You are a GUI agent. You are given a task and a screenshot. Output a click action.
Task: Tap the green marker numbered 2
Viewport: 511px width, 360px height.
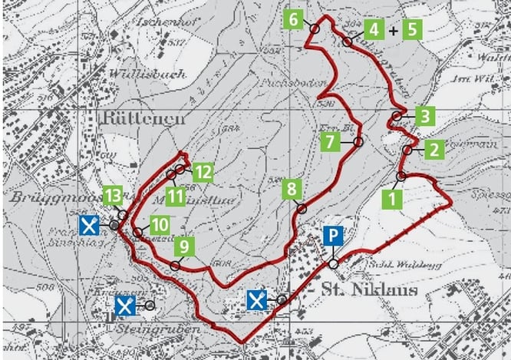coord(433,149)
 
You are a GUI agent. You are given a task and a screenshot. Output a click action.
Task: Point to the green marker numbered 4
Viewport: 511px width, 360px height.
coord(374,30)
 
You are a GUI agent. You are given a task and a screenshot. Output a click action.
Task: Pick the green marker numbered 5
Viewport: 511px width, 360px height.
coord(412,30)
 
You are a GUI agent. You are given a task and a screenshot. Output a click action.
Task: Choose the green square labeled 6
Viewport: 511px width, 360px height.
coord(293,18)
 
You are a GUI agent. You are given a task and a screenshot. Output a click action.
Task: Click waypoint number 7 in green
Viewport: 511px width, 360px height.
coord(329,142)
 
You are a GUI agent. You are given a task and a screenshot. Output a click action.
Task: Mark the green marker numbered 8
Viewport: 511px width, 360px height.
coord(291,189)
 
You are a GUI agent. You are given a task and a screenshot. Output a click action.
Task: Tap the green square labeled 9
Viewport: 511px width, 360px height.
coord(184,246)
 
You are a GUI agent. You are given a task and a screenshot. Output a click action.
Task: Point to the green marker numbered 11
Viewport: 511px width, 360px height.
coord(176,196)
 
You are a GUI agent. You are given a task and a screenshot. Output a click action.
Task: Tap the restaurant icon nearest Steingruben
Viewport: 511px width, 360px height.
coord(125,306)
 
